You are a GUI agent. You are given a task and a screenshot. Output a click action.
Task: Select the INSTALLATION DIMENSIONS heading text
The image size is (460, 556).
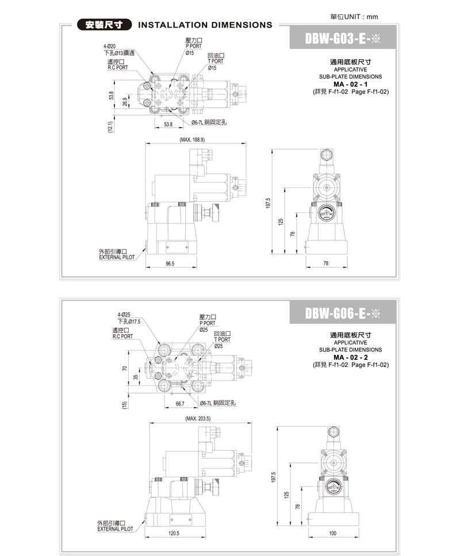(x=205, y=25)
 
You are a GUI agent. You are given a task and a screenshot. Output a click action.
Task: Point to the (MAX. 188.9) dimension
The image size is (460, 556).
(x=192, y=140)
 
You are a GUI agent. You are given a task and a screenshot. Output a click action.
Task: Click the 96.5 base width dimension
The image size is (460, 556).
(x=170, y=263)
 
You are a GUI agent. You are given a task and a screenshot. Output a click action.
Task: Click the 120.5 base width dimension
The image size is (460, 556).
(x=174, y=533)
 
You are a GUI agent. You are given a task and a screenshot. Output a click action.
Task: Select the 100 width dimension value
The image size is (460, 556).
(x=332, y=533)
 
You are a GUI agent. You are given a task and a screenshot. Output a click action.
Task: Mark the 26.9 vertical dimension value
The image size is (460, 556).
(x=125, y=102)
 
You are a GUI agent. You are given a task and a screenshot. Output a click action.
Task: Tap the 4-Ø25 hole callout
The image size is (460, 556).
(x=124, y=315)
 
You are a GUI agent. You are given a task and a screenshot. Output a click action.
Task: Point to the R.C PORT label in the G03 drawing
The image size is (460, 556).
(x=120, y=67)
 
